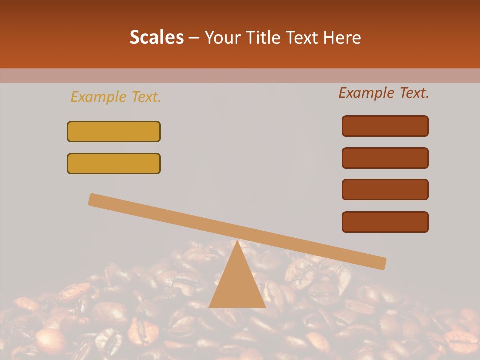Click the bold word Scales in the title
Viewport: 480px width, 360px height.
click(156, 37)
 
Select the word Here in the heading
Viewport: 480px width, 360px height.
click(343, 37)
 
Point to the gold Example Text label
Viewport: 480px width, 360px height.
click(116, 97)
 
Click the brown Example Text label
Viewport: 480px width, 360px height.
click(384, 93)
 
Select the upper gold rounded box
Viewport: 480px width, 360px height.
click(114, 131)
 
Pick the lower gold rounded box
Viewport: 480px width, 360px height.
click(114, 163)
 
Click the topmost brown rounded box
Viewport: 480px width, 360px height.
click(385, 126)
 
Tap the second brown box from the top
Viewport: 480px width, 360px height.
click(385, 158)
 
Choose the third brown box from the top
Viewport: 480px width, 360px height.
click(385, 190)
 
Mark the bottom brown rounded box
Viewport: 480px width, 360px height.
click(385, 222)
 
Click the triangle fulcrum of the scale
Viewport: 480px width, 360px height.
click(237, 285)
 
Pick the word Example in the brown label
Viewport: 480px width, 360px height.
click(367, 93)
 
